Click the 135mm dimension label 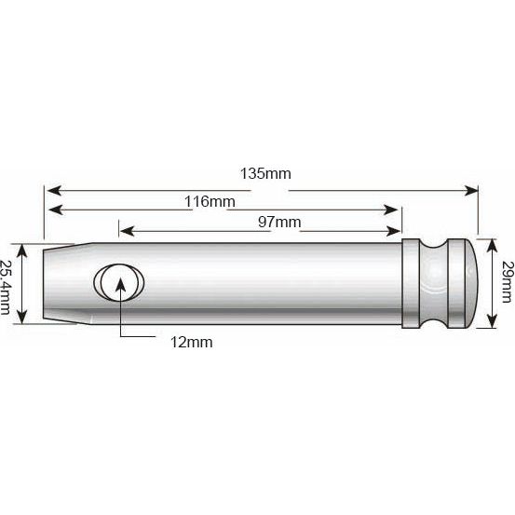(x=264, y=174)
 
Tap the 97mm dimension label (x=279, y=221)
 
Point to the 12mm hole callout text (x=191, y=342)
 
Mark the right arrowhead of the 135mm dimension (x=471, y=189)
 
